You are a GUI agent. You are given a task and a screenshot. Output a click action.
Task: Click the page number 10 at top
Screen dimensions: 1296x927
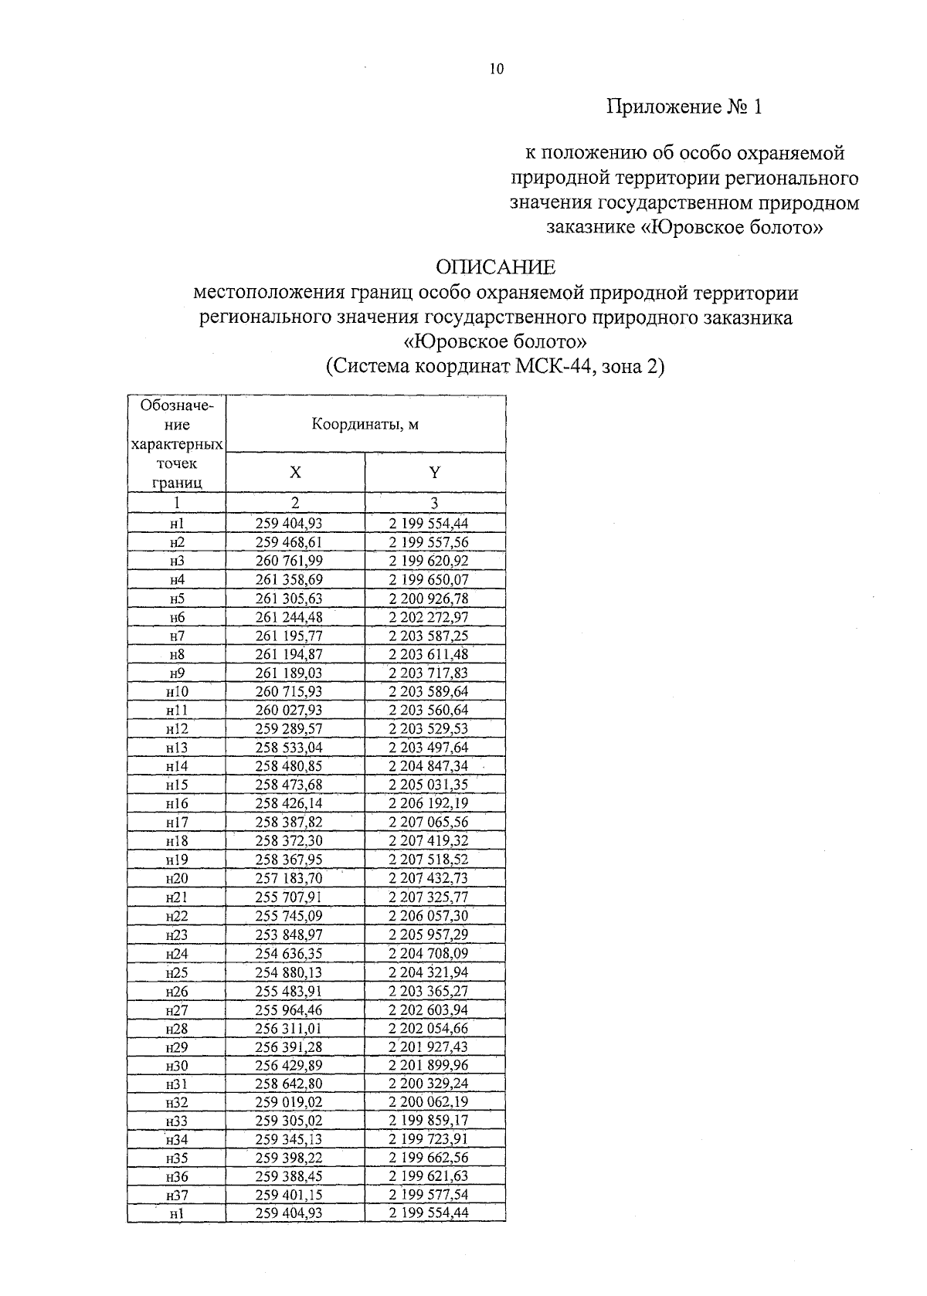pos(496,70)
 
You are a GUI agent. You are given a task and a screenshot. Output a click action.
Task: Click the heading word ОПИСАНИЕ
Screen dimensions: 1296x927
pos(495,268)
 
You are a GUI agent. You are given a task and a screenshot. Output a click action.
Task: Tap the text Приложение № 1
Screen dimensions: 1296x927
pos(684,107)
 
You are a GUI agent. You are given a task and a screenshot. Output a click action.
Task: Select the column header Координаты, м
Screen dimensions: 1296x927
pos(365,425)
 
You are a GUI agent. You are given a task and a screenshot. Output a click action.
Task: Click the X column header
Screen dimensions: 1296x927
pos(295,473)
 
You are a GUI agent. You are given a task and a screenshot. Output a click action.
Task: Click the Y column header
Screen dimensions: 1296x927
pos(435,473)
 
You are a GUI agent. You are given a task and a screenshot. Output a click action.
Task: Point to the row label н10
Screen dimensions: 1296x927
pos(177,691)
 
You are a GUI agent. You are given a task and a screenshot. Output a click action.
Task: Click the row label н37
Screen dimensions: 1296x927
pos(177,1195)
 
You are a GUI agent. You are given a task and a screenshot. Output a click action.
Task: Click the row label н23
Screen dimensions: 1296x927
pos(177,935)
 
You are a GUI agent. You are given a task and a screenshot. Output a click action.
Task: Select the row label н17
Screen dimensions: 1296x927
pos(177,822)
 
